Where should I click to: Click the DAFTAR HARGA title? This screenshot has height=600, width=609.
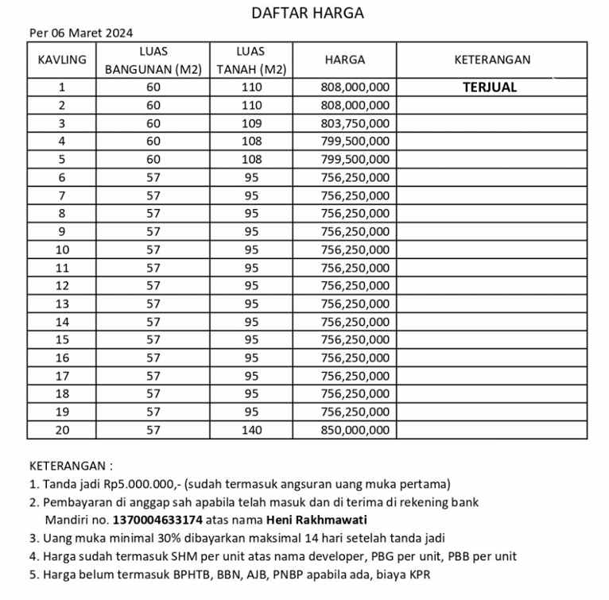tap(307, 13)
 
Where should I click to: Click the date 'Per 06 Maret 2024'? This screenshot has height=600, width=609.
tap(80, 33)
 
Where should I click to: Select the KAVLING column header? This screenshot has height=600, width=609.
tap(61, 60)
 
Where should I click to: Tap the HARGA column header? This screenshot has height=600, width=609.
tap(344, 60)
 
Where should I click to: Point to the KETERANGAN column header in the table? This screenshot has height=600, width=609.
tap(491, 60)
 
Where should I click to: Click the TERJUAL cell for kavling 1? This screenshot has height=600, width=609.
tap(489, 87)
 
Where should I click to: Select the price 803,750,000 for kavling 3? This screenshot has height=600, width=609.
tap(354, 123)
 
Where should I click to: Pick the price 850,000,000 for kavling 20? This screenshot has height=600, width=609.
tap(354, 430)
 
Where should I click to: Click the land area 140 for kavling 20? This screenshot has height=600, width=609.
tap(251, 430)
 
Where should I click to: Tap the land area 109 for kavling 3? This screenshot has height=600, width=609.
tap(251, 123)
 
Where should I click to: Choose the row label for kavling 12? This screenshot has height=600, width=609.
tap(61, 285)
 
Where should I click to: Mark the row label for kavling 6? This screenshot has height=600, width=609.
tap(61, 177)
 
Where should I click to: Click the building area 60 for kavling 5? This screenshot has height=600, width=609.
tap(153, 159)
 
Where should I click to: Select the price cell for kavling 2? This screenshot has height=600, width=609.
tap(354, 105)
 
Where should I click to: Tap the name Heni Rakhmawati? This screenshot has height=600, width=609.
tap(321, 520)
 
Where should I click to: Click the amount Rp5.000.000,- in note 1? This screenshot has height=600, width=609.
tap(138, 483)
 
